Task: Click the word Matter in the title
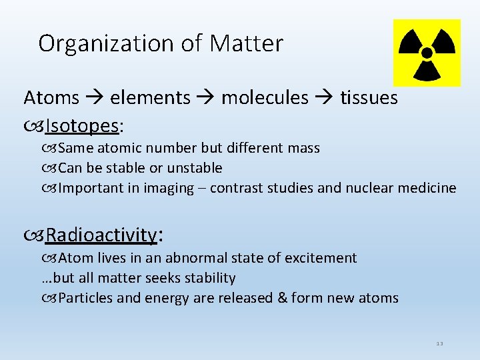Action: click(247, 43)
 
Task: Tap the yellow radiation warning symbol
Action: click(427, 53)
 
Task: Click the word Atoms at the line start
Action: click(51, 98)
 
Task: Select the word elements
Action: click(150, 98)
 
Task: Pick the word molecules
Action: click(265, 98)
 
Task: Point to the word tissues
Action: click(369, 98)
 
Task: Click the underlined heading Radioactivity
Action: click(101, 235)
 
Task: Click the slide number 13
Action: click(439, 343)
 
